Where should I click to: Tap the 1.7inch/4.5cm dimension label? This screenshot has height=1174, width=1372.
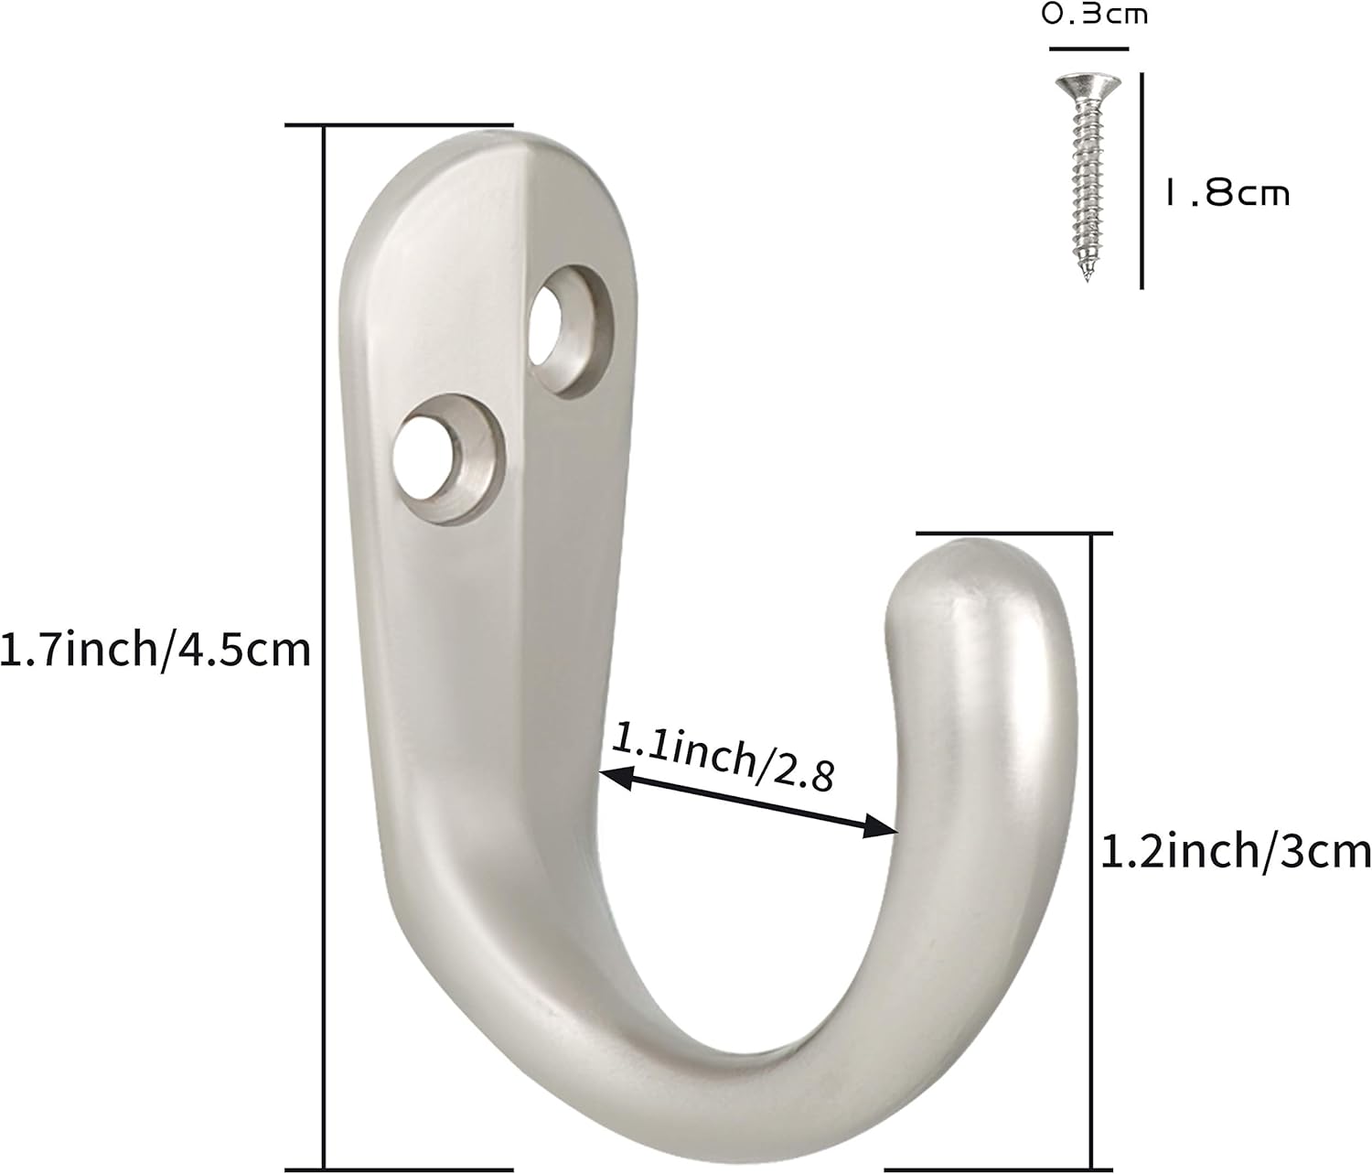click(x=155, y=651)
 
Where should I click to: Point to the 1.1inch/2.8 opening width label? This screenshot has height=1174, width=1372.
click(x=723, y=756)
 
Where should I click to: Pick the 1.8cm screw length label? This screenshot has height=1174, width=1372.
click(x=1226, y=193)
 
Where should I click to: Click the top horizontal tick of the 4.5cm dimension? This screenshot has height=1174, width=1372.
click(x=399, y=124)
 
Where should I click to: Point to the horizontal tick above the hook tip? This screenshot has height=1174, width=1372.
click(x=1013, y=533)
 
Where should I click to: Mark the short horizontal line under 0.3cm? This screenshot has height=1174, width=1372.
click(x=1088, y=48)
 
